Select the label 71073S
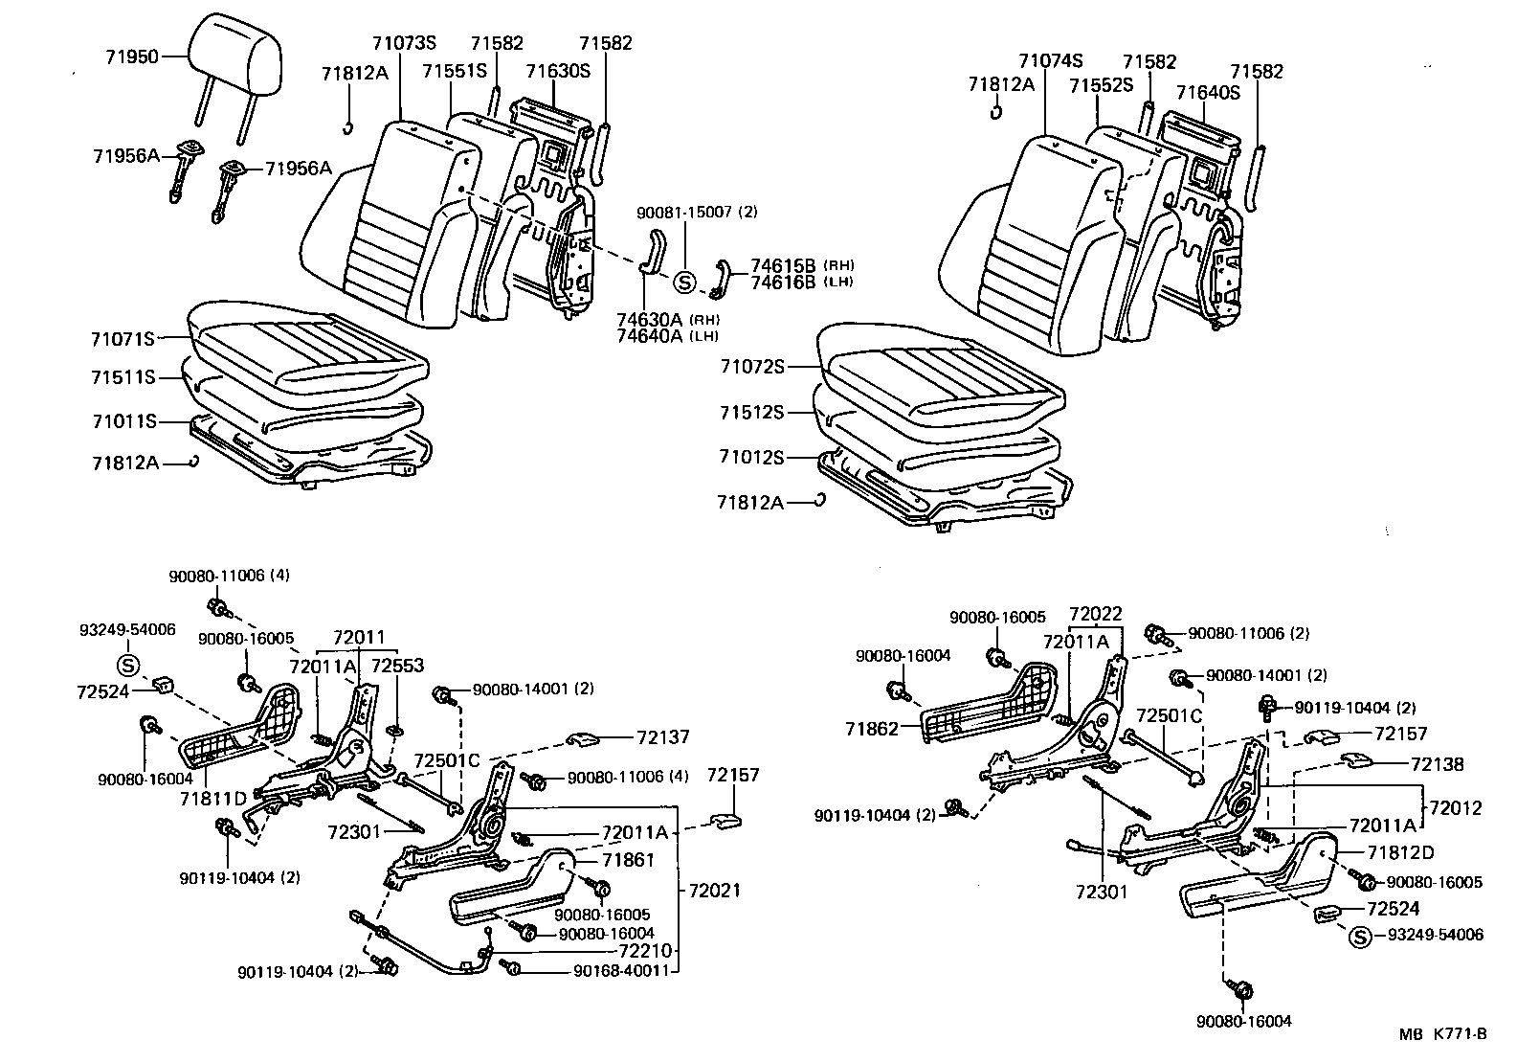click(x=403, y=42)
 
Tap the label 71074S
click(x=1050, y=61)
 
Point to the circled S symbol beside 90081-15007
click(x=683, y=283)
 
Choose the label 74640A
click(x=649, y=335)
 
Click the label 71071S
click(x=123, y=339)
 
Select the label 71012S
click(x=751, y=458)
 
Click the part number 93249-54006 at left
click(x=127, y=629)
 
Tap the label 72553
click(x=397, y=666)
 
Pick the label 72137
click(x=663, y=737)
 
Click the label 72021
click(x=714, y=890)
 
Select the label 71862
click(x=873, y=729)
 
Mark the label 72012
click(x=1454, y=808)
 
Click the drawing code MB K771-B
click(x=1442, y=1034)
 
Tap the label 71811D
click(x=213, y=797)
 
